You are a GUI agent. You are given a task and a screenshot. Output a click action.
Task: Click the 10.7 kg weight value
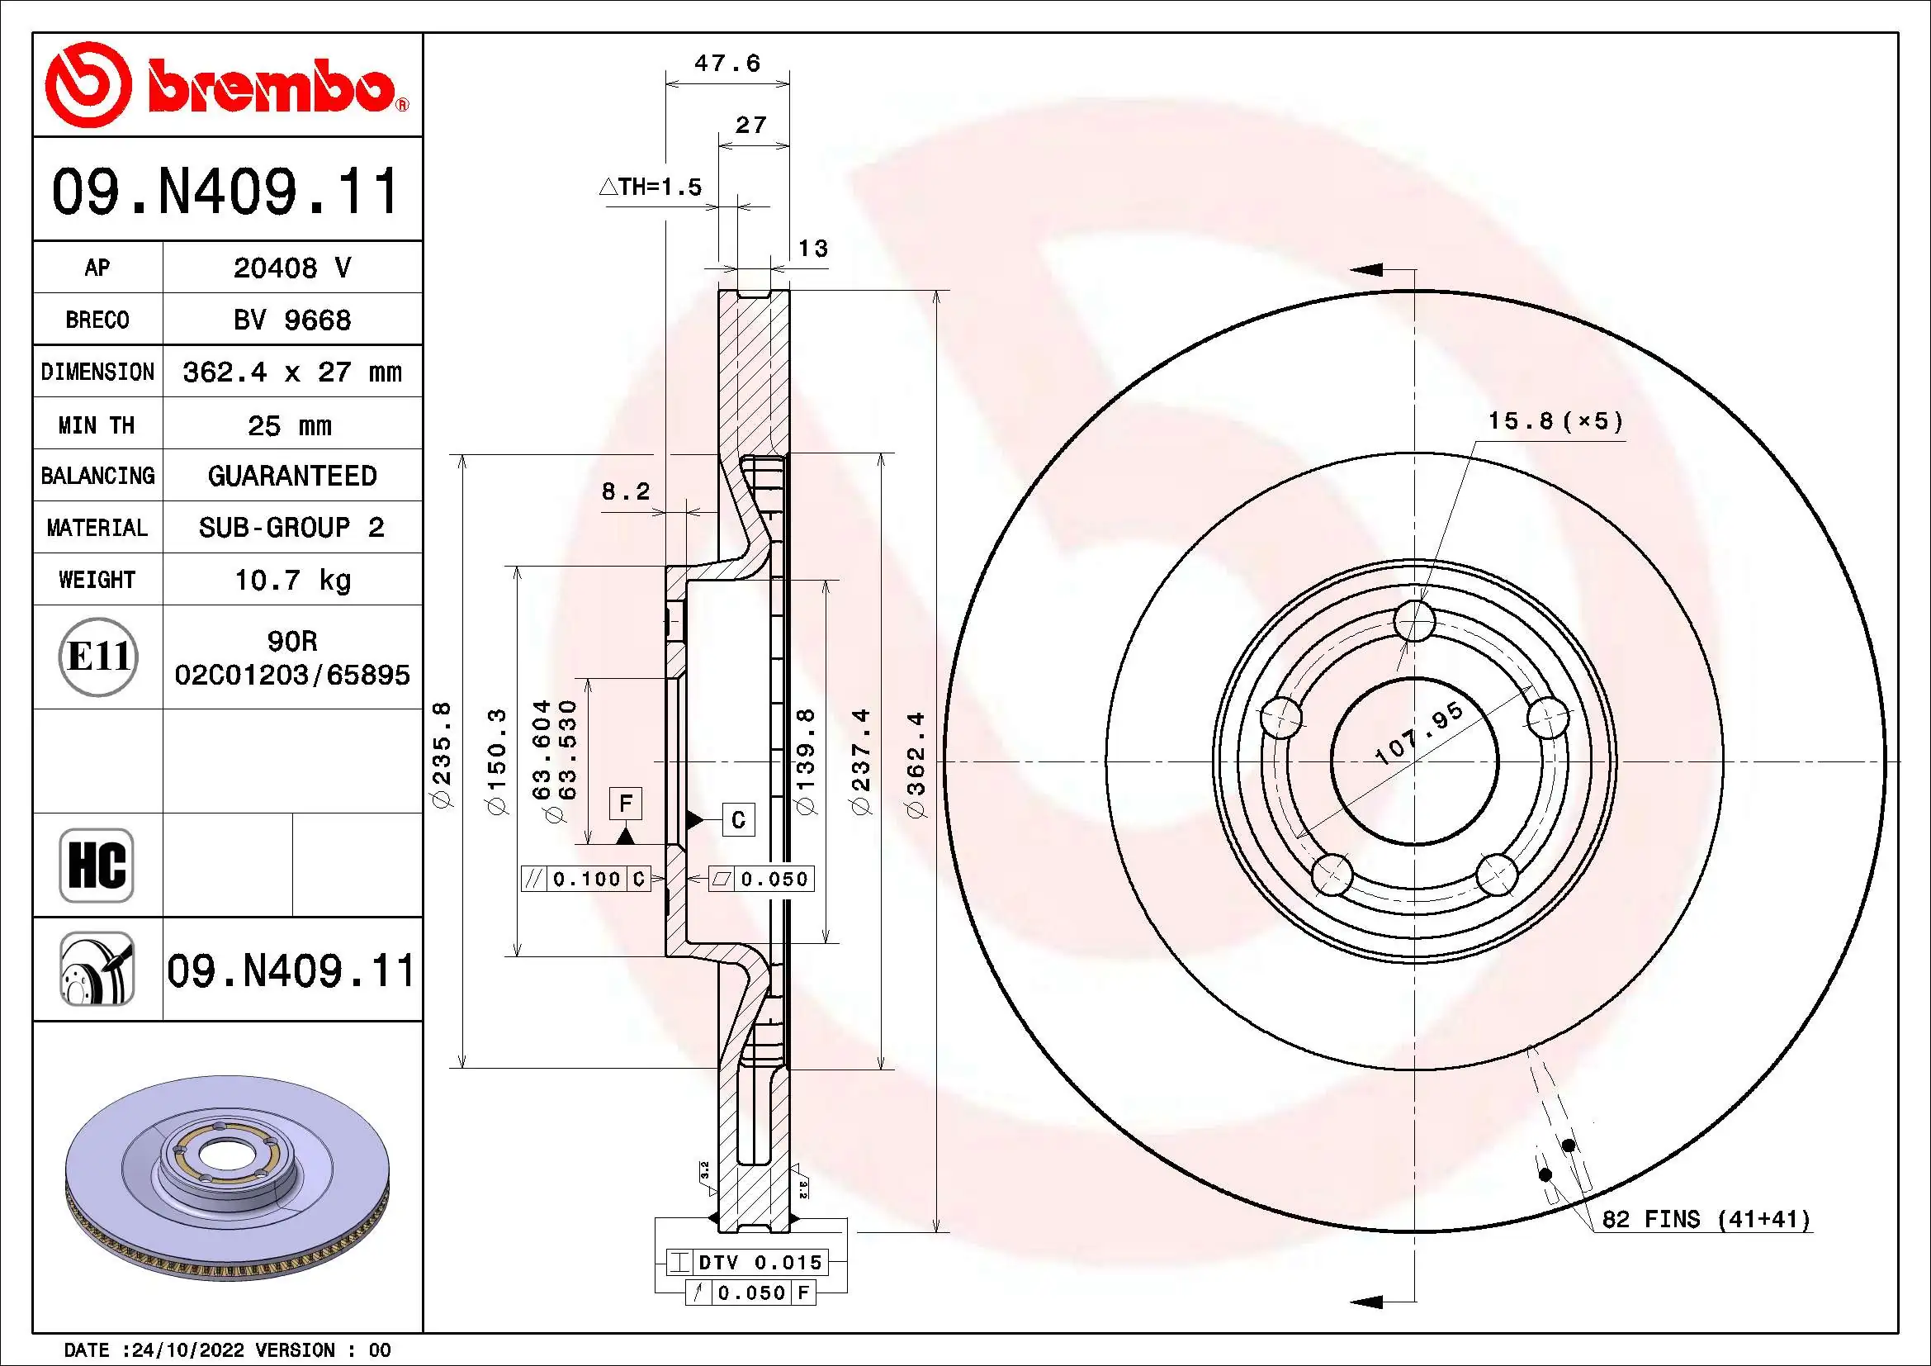tap(291, 580)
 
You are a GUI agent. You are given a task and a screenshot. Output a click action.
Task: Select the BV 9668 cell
tap(291, 320)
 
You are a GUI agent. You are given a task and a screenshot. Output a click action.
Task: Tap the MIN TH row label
tap(97, 425)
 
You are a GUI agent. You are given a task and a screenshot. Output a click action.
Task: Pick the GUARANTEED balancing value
tap(291, 476)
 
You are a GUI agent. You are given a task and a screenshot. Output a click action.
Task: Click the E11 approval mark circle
tap(98, 656)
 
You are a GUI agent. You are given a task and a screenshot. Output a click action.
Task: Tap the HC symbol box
tap(97, 865)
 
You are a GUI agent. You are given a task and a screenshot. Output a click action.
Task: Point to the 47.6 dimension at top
tap(726, 64)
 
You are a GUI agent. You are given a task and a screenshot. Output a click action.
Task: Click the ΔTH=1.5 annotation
tap(650, 187)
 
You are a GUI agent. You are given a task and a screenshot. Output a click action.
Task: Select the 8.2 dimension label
tap(626, 491)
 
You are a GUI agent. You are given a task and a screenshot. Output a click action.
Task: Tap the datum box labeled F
tap(625, 804)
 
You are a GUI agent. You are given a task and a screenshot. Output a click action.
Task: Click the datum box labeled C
tap(738, 819)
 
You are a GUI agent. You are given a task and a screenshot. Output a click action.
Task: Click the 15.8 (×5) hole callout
tap(1555, 420)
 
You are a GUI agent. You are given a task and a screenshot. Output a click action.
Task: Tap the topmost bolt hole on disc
tap(1413, 622)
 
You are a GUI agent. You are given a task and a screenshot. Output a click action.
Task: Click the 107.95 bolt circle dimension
tap(1419, 734)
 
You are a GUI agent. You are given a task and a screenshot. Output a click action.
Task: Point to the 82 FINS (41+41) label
tap(1705, 1219)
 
